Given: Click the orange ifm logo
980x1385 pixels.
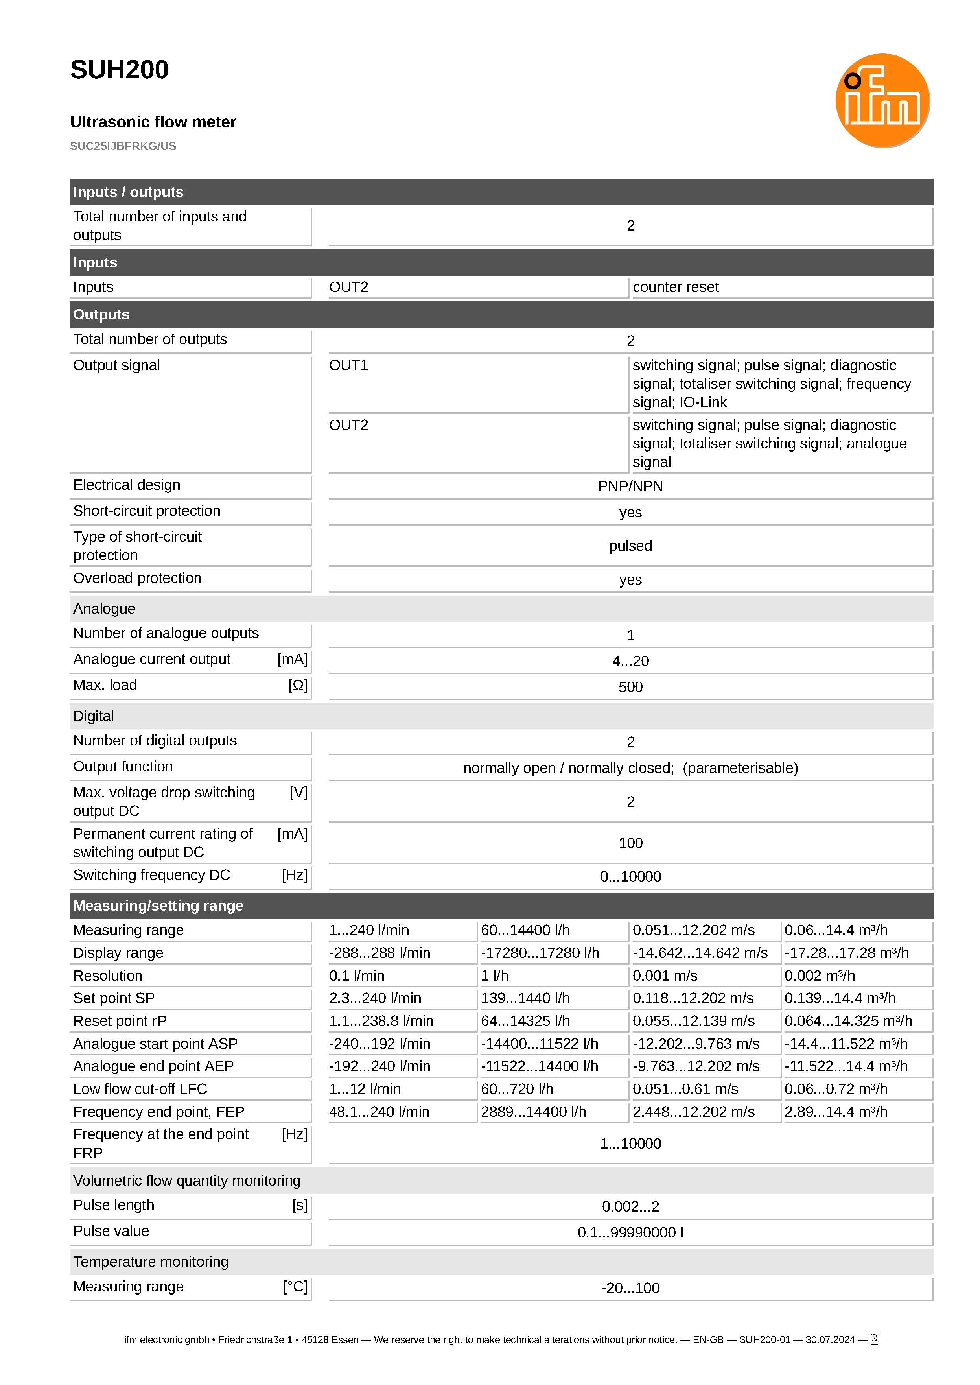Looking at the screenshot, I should (882, 100).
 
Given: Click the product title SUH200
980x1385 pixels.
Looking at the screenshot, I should (120, 70).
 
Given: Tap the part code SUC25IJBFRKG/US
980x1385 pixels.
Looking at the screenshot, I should (123, 146).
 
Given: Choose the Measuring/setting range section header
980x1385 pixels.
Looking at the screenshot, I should (158, 905).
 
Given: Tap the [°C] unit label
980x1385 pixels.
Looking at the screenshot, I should (295, 1287).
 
